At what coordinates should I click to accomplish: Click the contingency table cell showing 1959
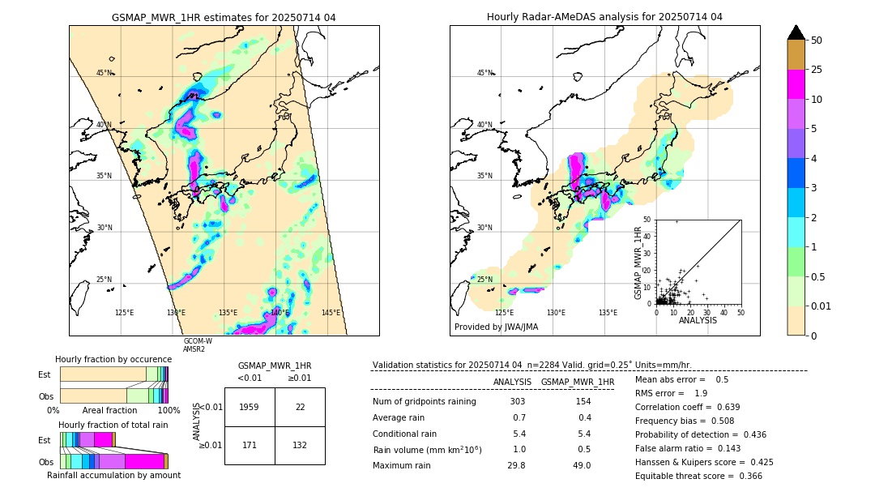pos(250,407)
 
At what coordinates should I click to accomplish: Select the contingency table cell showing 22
pos(300,407)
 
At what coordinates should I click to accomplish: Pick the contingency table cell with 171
pos(250,446)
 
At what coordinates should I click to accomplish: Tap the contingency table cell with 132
pos(300,446)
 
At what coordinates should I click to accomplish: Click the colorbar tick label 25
pos(817,70)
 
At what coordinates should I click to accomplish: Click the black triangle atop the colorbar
pos(796,32)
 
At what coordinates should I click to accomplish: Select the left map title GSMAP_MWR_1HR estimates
pos(224,17)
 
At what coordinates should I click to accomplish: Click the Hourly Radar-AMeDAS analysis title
pos(604,17)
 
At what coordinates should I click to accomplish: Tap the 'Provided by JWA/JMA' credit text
pos(496,327)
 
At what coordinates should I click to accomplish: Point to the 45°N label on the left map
pos(105,73)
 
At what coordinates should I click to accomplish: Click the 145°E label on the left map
pos(331,313)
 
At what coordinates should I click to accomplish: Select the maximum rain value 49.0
pos(582,465)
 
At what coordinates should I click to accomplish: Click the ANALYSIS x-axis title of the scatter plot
pos(698,320)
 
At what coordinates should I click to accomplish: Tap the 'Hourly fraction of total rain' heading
pos(113,425)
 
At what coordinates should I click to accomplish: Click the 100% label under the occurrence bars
pos(168,411)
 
